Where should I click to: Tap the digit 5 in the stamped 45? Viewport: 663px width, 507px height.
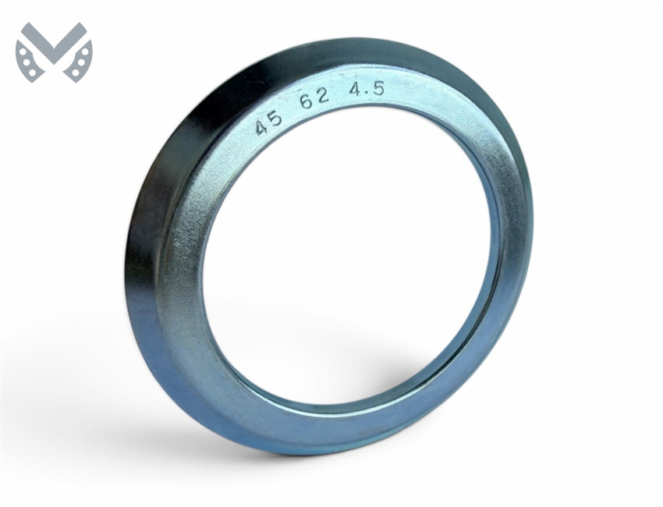(275, 119)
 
